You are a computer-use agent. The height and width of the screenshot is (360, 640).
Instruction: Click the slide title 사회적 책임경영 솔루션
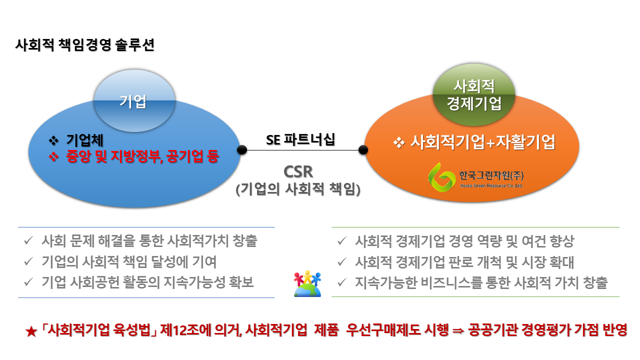click(84, 45)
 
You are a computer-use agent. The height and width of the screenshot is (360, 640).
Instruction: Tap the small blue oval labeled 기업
click(134, 100)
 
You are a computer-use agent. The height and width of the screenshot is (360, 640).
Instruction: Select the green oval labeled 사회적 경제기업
click(473, 94)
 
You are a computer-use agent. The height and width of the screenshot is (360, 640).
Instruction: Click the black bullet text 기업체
click(85, 140)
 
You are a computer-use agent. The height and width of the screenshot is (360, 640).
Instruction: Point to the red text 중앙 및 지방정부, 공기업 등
click(142, 156)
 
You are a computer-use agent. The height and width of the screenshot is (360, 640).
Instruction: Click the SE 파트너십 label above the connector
click(300, 139)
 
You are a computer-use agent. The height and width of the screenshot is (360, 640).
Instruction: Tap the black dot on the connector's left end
click(242, 149)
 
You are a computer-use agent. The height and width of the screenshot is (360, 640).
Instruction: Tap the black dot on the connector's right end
click(363, 149)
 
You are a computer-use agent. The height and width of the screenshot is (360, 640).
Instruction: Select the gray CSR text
click(298, 171)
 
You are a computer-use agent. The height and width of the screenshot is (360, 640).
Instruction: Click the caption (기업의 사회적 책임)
click(298, 189)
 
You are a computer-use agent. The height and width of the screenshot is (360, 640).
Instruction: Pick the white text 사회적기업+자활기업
click(483, 142)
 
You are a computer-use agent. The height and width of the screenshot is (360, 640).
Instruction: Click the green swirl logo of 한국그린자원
click(441, 177)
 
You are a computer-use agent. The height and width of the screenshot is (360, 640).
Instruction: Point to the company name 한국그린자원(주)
click(491, 175)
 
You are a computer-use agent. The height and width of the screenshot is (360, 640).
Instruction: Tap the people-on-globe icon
click(307, 283)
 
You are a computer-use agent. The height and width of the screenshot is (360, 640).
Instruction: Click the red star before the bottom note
click(31, 331)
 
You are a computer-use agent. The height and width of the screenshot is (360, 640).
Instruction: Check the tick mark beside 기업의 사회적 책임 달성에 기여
click(29, 261)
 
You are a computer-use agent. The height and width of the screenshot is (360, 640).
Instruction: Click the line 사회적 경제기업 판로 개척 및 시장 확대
click(464, 262)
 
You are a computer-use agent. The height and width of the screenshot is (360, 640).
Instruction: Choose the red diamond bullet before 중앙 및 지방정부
click(53, 157)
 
